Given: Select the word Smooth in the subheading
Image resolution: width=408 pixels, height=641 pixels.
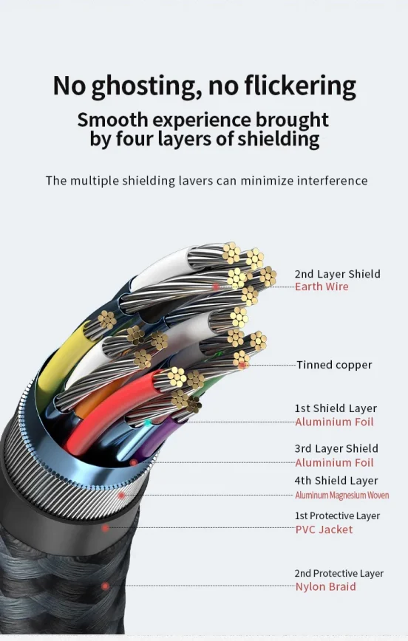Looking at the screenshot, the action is [x=112, y=120].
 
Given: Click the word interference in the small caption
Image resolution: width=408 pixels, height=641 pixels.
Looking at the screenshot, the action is [x=332, y=180].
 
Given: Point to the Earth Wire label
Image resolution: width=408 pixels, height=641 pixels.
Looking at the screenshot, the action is [x=322, y=287].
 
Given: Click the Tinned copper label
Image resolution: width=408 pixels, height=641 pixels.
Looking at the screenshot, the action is [x=334, y=365].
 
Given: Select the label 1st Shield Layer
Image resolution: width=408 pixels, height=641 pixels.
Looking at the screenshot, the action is [x=336, y=408].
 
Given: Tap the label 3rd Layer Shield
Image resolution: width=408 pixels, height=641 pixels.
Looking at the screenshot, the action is [x=336, y=448].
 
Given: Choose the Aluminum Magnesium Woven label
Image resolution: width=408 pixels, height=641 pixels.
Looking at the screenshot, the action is [x=341, y=495].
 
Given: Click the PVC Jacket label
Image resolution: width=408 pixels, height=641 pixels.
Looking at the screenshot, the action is [x=324, y=529].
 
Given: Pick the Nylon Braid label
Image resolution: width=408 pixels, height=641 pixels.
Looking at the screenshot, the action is [x=325, y=586].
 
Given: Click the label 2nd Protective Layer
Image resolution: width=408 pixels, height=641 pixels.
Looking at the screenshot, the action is [x=339, y=573].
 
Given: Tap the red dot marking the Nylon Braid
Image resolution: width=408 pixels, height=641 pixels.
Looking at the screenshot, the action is [x=105, y=586].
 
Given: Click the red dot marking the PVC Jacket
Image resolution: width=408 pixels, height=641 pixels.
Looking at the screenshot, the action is [x=105, y=528].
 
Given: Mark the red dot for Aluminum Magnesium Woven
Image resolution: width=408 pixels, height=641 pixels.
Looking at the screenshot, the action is [x=120, y=496].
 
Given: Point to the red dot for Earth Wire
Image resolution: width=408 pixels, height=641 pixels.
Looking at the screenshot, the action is [x=216, y=287].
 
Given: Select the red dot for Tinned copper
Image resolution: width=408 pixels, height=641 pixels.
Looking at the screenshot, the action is [x=242, y=365].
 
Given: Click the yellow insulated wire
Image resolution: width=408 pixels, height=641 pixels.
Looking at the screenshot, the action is [x=61, y=360].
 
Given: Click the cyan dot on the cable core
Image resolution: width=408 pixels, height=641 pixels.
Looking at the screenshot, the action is [x=147, y=423].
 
